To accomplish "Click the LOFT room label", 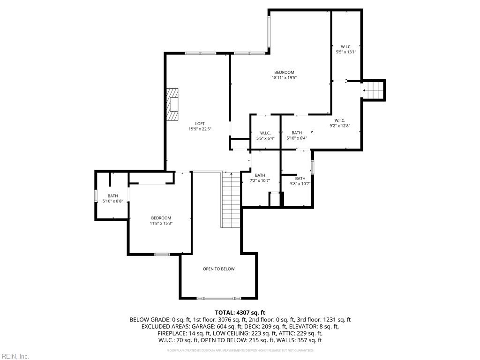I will (200, 124).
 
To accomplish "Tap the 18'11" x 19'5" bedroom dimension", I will (284, 78).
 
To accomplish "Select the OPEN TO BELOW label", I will (218, 269).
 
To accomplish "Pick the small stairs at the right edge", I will (374, 90).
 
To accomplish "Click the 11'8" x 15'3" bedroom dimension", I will (161, 224).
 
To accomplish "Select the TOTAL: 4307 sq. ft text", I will (240, 312).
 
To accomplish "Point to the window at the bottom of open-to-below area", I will (218, 298).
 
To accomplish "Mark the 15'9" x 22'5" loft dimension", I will (200, 129).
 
